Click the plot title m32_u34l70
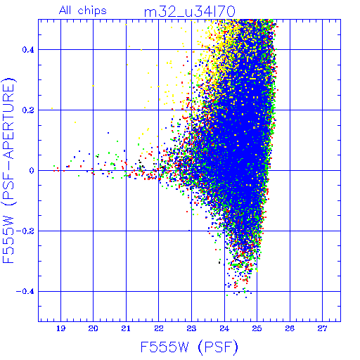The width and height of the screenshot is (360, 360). (x=189, y=12)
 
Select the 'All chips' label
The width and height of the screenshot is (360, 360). (x=83, y=11)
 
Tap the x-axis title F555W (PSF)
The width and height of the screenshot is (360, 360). (x=189, y=347)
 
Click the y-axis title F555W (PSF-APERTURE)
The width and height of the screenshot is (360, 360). (x=8, y=170)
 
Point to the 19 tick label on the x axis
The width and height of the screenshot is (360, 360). (x=60, y=328)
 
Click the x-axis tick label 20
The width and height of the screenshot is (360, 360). (x=93, y=328)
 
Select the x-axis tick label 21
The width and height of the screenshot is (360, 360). (x=126, y=328)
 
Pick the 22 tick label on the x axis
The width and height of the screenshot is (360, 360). (x=159, y=328)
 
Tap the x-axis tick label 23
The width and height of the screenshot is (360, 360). (x=191, y=328)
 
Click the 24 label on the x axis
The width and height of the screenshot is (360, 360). (x=224, y=328)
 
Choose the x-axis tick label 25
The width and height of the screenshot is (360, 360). (x=257, y=328)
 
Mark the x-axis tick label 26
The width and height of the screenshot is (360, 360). (x=290, y=328)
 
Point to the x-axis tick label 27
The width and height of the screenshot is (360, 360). (x=322, y=328)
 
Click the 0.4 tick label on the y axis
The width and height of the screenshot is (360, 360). (x=28, y=50)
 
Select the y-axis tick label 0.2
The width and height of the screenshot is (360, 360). (x=28, y=110)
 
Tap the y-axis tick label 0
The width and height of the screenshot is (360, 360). (x=32, y=171)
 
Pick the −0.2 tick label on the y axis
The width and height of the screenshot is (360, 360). (x=25, y=231)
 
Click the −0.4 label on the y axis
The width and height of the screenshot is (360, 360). (x=25, y=292)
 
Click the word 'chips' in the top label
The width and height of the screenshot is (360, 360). (x=92, y=11)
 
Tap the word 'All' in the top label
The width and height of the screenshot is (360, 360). (x=65, y=10)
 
